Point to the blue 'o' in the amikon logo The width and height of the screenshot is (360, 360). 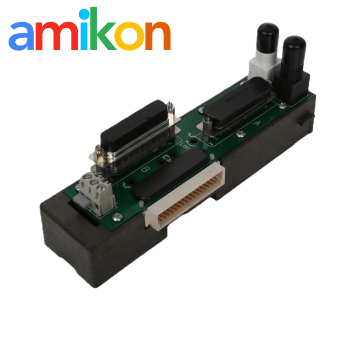point(136,37)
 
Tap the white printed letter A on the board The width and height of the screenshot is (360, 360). point(257,122)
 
